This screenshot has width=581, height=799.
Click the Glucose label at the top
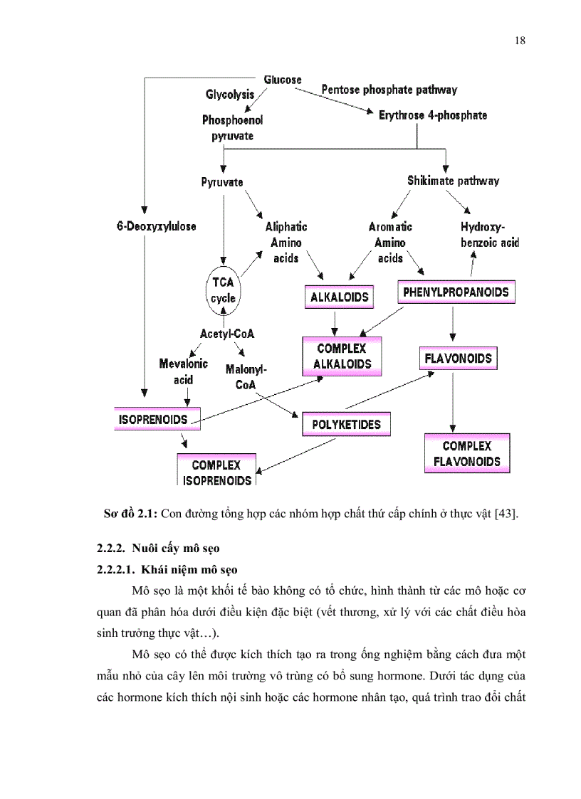(x=283, y=80)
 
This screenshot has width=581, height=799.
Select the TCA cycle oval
(x=223, y=290)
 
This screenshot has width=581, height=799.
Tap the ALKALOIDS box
(x=340, y=297)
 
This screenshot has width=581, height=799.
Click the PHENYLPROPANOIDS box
(x=456, y=292)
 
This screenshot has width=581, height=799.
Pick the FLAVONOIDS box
(x=458, y=358)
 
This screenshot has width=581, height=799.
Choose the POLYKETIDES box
(x=347, y=425)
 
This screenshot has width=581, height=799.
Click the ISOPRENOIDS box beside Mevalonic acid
(x=152, y=419)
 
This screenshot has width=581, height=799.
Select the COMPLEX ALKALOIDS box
(x=341, y=356)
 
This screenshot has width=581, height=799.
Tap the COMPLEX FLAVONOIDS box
(x=467, y=453)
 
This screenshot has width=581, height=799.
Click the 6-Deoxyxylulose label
(x=157, y=226)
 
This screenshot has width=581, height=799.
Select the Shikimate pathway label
(x=453, y=181)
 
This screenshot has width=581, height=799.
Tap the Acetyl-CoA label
(x=227, y=333)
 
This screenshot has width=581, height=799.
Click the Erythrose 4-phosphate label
(x=433, y=115)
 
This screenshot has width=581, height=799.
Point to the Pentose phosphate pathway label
(x=389, y=90)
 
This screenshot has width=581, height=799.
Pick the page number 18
(x=520, y=41)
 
